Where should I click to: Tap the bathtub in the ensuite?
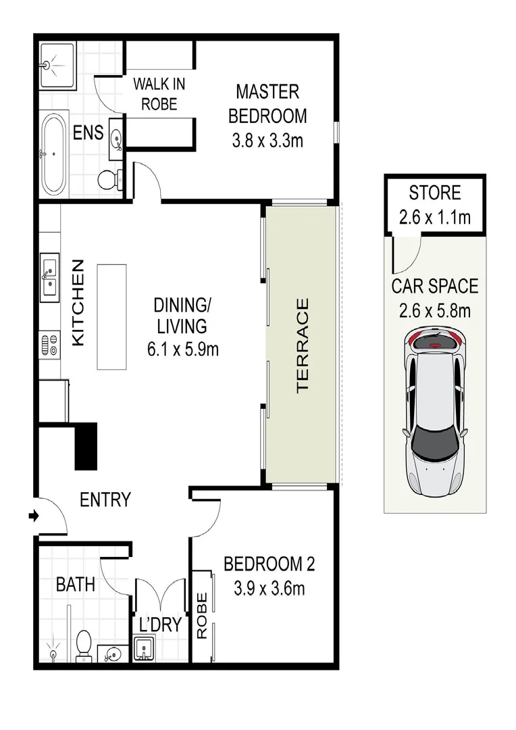point(53,153)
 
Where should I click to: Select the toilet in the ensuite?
point(109,179)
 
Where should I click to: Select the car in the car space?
point(435,414)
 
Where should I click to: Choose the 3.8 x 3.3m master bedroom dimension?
point(267,143)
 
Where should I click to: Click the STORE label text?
point(434,193)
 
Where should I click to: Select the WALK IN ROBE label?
point(159,95)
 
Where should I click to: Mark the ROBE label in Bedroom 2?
point(201,616)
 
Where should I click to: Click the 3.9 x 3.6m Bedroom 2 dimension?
point(269,589)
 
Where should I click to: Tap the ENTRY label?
point(105,500)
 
